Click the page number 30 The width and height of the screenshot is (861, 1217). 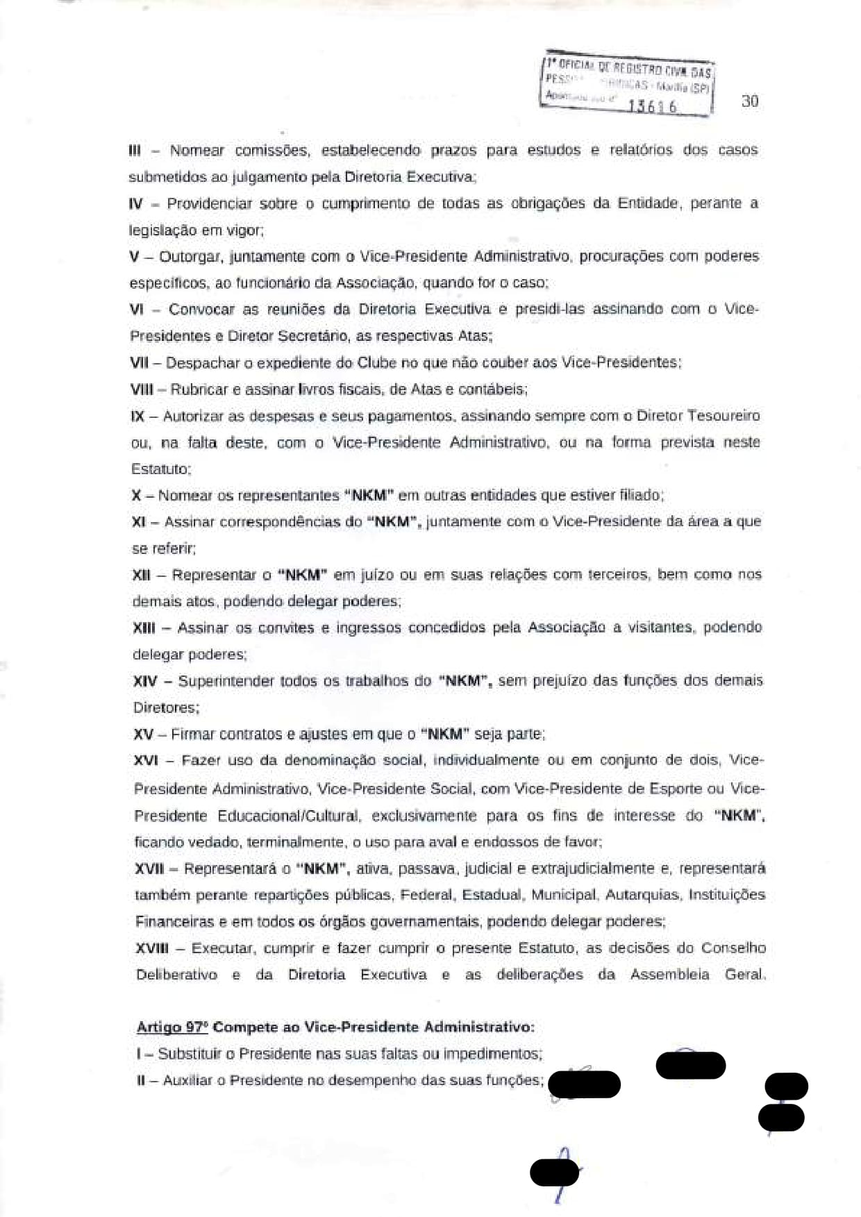750,101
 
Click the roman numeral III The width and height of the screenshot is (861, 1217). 135,151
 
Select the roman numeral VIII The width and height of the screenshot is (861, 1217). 142,389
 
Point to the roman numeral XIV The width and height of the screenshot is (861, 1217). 145,681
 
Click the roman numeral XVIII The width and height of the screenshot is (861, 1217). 151,948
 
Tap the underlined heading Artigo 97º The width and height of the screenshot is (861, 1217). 172,1027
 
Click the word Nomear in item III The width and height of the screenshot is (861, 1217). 197,151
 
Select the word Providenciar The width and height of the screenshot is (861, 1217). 210,204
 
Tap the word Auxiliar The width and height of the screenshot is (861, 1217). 185,1081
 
